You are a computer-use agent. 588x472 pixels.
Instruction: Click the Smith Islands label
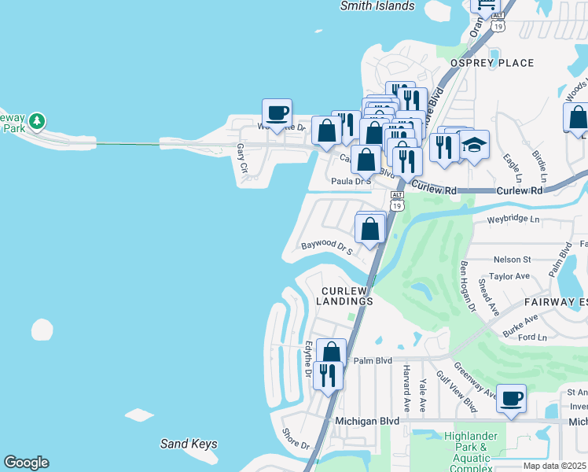[x=377, y=6]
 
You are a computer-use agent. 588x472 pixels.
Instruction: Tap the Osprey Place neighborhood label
[x=492, y=63]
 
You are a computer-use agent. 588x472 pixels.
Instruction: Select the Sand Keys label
[x=189, y=444]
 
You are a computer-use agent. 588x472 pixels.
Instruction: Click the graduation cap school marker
[x=474, y=146]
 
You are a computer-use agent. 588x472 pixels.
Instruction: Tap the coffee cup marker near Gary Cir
[x=277, y=112]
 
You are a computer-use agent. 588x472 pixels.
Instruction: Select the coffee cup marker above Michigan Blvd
[x=511, y=398]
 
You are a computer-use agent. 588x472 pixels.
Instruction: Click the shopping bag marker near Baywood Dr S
[x=370, y=229]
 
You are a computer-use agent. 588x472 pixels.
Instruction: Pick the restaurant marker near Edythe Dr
[x=328, y=374]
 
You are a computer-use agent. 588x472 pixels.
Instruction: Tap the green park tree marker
[x=37, y=123]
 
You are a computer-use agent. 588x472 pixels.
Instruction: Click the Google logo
[x=26, y=463]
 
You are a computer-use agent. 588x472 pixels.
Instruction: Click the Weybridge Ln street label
[x=513, y=219]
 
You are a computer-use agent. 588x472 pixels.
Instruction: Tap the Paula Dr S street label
[x=351, y=181]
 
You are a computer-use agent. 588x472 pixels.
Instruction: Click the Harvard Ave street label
[x=406, y=393]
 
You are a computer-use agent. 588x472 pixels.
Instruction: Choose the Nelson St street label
[x=512, y=259]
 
